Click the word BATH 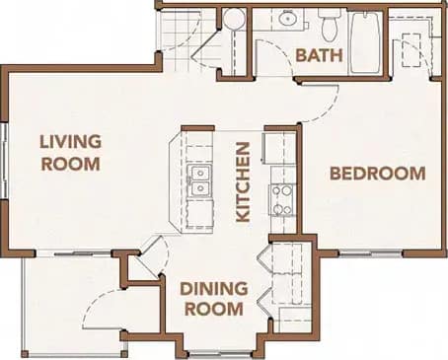[x=319, y=56]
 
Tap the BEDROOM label [x=377, y=174]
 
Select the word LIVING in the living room [x=70, y=142]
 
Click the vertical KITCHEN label [x=243, y=180]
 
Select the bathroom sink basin [x=287, y=19]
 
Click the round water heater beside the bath [x=234, y=20]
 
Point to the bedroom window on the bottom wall [x=370, y=252]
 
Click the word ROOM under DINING [x=211, y=308]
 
